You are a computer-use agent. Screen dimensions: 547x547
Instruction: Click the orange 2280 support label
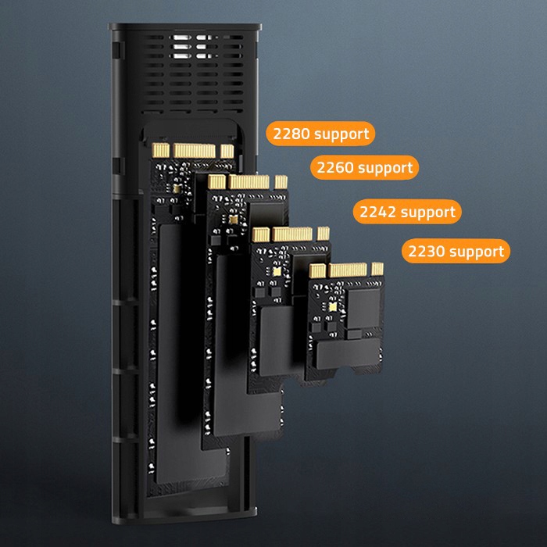(x=320, y=134)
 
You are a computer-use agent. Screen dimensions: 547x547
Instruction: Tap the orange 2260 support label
(x=365, y=167)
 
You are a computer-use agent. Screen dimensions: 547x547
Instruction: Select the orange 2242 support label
(x=407, y=212)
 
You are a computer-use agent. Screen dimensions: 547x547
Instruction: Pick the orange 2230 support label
(x=456, y=251)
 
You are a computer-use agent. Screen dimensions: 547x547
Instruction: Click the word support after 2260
(x=385, y=169)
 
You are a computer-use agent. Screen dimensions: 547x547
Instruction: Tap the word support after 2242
(x=428, y=213)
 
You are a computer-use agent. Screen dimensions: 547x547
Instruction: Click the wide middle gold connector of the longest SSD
(x=195, y=151)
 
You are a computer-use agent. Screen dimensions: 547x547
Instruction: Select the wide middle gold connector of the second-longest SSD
(x=248, y=182)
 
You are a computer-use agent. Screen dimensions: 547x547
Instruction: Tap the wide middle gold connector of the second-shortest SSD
(x=292, y=234)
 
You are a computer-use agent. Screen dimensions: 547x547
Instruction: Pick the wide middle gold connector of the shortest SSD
(x=348, y=270)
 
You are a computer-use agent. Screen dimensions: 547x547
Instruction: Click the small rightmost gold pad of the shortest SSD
(x=377, y=269)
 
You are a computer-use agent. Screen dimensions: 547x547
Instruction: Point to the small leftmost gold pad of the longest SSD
(x=161, y=150)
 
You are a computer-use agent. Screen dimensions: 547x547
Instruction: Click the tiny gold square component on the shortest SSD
(x=333, y=307)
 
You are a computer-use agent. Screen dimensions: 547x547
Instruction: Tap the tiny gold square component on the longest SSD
(x=177, y=189)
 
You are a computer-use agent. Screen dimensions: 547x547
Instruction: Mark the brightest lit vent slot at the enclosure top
(x=182, y=38)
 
